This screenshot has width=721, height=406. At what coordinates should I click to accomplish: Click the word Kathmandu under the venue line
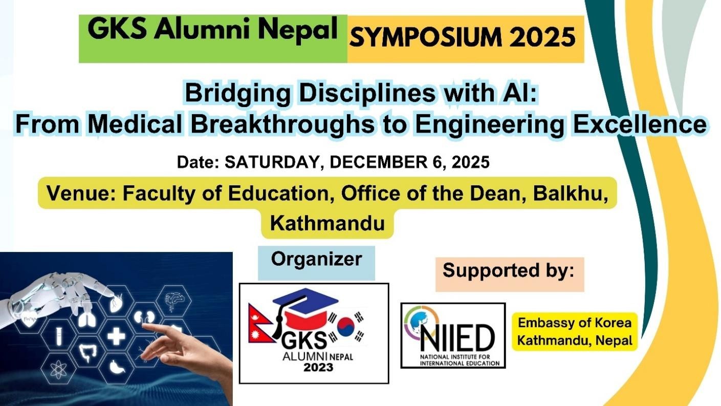pyautogui.click(x=327, y=223)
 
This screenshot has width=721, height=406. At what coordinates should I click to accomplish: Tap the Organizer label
pyautogui.click(x=316, y=259)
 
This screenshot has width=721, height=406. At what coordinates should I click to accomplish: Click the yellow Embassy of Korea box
pyautogui.click(x=575, y=332)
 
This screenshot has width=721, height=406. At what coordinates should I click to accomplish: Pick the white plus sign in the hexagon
pyautogui.click(x=116, y=336)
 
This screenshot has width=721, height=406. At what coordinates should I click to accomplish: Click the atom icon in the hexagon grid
pyautogui.click(x=57, y=368)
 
